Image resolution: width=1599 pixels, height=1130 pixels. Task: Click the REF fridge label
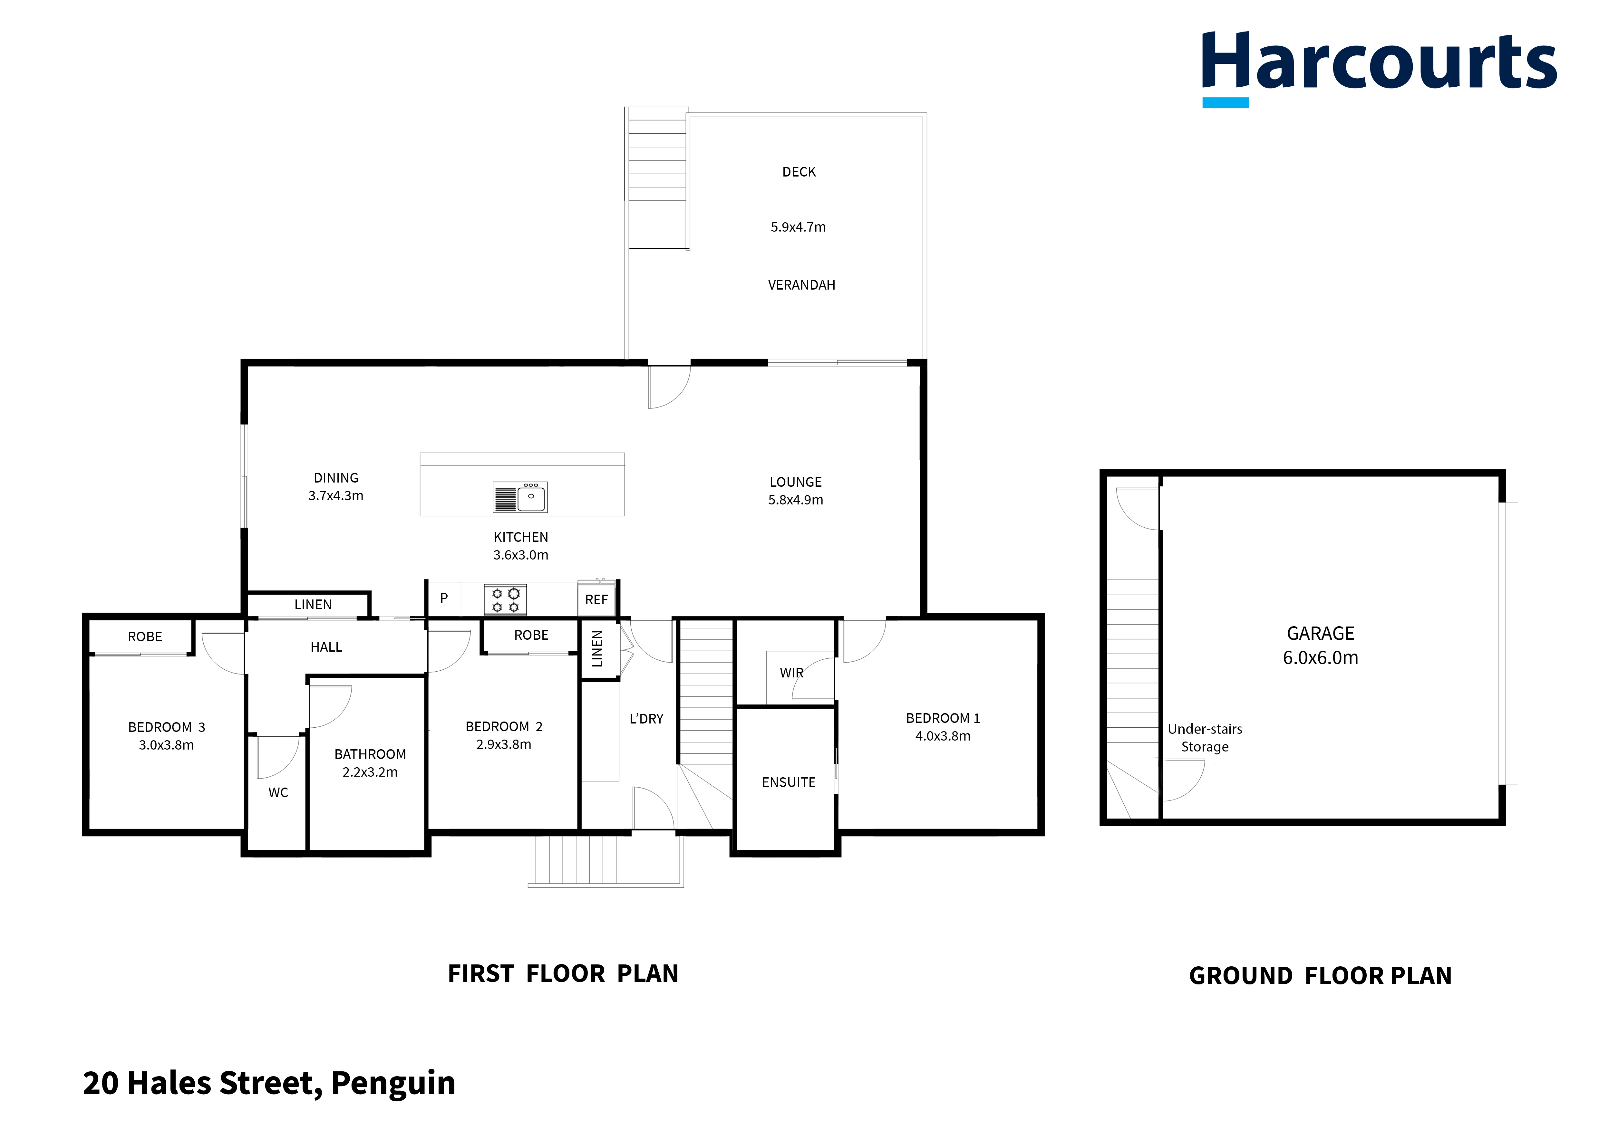click(x=596, y=599)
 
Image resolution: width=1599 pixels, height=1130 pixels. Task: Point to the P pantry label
click(x=444, y=598)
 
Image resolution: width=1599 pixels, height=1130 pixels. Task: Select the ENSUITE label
click(x=788, y=782)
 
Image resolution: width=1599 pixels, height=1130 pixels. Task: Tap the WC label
click(x=278, y=792)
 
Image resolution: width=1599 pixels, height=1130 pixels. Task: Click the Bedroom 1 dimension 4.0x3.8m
click(x=942, y=736)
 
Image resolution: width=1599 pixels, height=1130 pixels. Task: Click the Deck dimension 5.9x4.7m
click(x=798, y=227)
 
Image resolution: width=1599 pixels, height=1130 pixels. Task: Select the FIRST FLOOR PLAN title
click(x=563, y=973)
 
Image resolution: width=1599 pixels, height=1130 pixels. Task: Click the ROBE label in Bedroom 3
click(x=145, y=637)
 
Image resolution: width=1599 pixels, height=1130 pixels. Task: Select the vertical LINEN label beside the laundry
click(x=597, y=649)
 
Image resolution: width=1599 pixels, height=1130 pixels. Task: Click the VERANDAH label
click(x=801, y=285)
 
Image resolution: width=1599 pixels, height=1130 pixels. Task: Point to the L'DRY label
click(x=646, y=719)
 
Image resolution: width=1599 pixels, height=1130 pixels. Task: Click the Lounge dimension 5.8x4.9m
click(x=795, y=500)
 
